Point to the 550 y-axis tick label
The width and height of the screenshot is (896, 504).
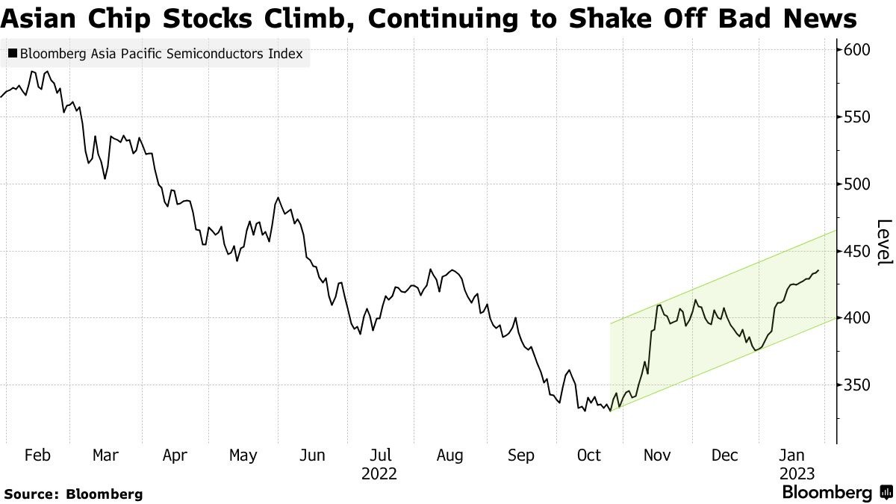pos(856,117)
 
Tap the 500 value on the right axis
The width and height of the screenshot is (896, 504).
pos(856,184)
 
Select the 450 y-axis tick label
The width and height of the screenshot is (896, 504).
pos(856,252)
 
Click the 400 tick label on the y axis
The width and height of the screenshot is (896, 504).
pos(856,318)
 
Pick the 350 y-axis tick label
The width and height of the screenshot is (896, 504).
pos(856,385)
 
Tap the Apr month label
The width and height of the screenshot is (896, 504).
pos(175,455)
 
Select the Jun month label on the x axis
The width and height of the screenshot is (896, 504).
pos(311,455)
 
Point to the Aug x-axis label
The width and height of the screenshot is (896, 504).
pos(449,455)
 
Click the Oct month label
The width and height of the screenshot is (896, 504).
pos(588,455)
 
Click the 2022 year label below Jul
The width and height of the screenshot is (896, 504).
pos(379,474)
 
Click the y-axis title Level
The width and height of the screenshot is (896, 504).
pos(884,242)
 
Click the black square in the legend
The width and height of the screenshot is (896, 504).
pos(13,54)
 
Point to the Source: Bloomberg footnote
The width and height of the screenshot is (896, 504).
pos(73,494)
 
